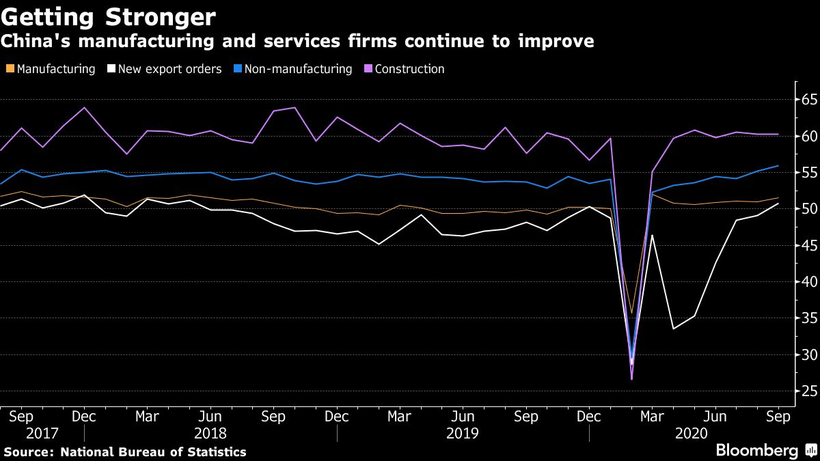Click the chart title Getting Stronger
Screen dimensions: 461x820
109,16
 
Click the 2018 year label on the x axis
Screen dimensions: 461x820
210,433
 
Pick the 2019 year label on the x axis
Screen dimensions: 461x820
463,433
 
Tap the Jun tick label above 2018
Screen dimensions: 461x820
210,416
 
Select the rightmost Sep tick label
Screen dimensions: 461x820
779,416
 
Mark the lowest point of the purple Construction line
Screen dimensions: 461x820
631,379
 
